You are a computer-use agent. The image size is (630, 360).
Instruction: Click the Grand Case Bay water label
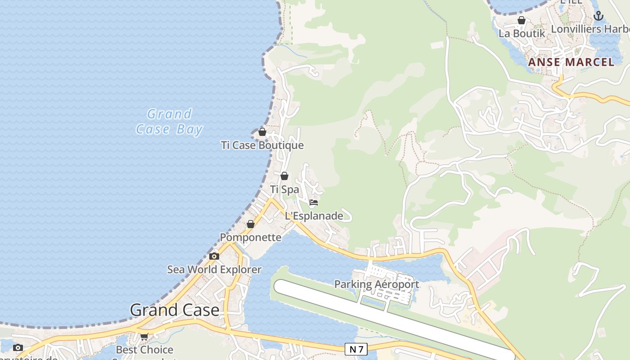pos(169,121)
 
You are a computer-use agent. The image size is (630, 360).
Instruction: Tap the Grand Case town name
pos(175,310)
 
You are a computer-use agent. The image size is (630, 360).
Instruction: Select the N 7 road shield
pos(355,349)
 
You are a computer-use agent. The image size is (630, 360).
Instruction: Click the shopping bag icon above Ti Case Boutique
pos(262,132)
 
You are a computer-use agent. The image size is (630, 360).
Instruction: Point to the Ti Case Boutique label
pos(262,145)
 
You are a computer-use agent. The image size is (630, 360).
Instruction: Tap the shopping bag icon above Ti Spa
pos(284,176)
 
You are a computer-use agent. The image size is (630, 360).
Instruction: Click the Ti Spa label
pos(284,189)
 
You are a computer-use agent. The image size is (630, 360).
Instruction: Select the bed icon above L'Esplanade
pos(314,202)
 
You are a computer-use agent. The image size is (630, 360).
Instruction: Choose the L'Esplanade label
pos(314,216)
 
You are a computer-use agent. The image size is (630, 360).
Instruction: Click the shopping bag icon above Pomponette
pos(251,224)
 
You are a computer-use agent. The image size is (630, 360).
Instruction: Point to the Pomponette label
pos(251,237)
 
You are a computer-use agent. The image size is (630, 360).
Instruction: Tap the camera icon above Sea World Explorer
pos(214,256)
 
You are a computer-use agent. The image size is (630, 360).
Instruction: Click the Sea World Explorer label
pos(214,270)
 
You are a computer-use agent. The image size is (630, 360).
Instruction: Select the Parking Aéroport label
pos(377,284)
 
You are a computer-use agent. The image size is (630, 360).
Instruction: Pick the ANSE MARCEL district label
pos(571,62)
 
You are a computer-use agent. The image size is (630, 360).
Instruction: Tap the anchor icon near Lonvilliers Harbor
pos(598,16)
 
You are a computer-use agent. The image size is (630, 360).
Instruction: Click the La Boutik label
pos(522,33)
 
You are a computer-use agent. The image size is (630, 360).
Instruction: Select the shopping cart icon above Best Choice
pos(144,337)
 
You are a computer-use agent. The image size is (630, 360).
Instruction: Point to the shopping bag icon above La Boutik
pos(522,20)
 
